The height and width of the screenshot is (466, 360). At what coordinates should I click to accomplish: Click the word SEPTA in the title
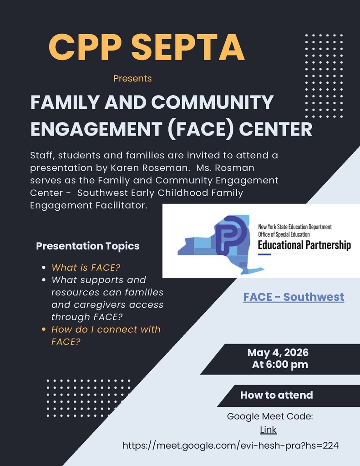188,47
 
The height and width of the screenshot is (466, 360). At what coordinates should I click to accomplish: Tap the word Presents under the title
132,78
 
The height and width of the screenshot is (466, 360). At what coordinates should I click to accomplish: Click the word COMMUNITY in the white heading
212,102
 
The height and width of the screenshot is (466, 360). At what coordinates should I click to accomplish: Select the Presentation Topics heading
88,246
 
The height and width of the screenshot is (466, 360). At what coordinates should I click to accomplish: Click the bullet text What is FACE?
86,268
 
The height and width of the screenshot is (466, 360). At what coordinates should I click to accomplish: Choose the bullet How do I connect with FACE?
106,335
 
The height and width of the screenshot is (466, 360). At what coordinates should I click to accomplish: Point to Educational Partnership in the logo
304,245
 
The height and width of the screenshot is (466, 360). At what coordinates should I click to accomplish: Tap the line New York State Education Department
295,227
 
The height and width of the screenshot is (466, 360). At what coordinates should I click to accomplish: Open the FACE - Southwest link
294,297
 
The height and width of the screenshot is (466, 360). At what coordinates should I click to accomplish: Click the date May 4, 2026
278,353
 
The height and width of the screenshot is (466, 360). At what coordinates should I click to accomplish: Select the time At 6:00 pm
280,365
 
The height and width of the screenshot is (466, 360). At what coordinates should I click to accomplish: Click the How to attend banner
276,395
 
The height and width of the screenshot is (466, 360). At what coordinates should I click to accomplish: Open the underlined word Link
268,430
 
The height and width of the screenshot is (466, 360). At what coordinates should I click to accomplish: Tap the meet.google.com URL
230,446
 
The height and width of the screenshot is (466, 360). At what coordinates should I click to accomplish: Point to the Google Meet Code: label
270,416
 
